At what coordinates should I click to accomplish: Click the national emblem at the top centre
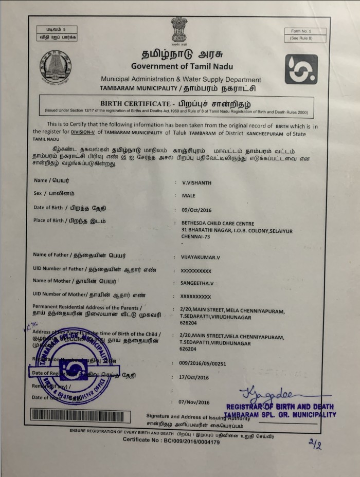179,29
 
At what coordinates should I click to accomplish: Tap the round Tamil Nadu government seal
56,67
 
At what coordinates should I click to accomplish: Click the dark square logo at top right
301,69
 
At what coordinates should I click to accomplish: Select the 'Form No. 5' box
301,31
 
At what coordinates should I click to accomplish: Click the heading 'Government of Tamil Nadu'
182,66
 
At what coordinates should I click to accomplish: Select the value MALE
188,196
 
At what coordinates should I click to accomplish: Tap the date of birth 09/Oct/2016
196,210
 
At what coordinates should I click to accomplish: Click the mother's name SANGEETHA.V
196,283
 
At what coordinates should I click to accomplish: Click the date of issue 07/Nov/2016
194,402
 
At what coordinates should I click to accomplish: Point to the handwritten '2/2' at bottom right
314,444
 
